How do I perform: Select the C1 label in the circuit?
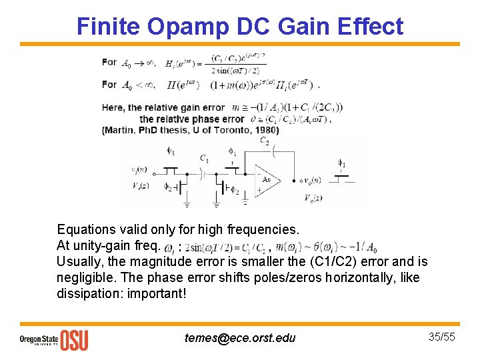[x=205, y=159]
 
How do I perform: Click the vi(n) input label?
[x=141, y=171]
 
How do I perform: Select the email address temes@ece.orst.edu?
[x=240, y=338]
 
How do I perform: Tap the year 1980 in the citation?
[x=265, y=130]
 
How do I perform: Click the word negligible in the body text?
[x=87, y=277]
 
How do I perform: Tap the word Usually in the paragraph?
[x=80, y=261]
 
